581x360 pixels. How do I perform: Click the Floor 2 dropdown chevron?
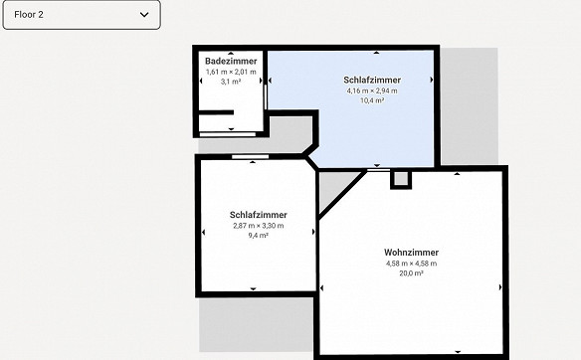point(144,15)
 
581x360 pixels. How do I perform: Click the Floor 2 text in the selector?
point(29,15)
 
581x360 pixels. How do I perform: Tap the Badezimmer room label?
point(231,61)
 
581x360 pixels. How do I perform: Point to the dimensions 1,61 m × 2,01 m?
point(231,72)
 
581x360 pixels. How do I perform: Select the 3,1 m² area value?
point(231,82)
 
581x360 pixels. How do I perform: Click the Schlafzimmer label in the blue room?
point(372,80)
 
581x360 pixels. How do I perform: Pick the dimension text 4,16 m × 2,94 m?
point(372,90)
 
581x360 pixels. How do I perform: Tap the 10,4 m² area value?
point(372,100)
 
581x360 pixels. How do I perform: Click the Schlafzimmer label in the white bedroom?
point(259,215)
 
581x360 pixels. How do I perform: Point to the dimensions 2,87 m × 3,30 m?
point(259,226)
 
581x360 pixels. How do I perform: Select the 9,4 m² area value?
point(259,235)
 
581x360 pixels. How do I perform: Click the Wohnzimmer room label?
point(411,253)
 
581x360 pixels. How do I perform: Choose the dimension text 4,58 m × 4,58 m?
point(411,264)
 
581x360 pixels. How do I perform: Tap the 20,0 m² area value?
point(411,273)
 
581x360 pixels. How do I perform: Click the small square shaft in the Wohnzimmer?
point(401,179)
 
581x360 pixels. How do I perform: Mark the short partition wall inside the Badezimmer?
point(216,112)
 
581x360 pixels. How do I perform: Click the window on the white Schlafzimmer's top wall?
point(251,157)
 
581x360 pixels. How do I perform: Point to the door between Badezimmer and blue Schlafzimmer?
point(266,97)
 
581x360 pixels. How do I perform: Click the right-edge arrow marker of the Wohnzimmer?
point(500,287)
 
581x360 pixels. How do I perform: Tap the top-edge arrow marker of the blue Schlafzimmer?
point(376,53)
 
